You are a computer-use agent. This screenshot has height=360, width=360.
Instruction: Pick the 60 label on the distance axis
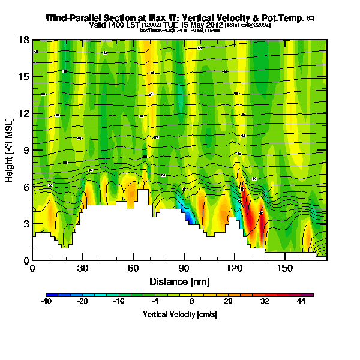click(x=133, y=268)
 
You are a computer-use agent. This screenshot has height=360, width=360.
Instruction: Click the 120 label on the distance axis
click(x=234, y=268)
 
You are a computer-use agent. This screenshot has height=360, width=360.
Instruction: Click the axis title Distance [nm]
click(x=179, y=281)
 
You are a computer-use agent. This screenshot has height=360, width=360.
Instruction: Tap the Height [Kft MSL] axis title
click(x=10, y=151)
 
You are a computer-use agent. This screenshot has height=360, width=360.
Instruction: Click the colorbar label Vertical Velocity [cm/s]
click(x=179, y=314)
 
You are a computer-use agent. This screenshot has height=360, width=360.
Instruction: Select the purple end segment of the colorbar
click(x=309, y=295)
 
